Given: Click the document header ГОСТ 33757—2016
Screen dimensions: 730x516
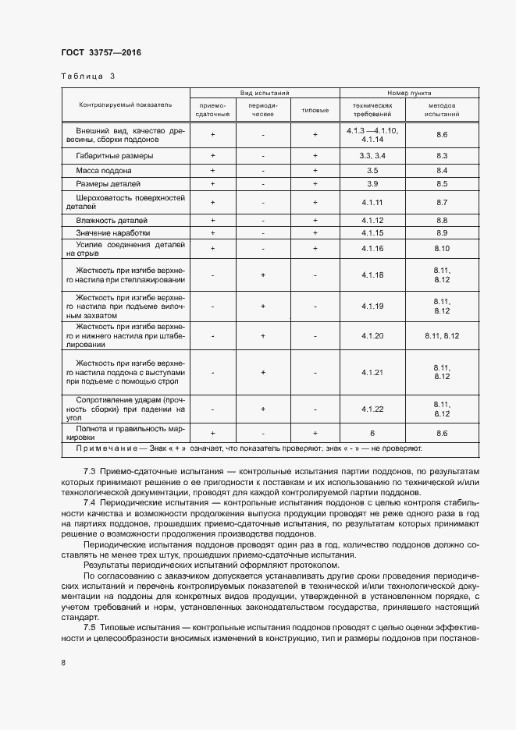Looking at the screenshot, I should [x=101, y=53].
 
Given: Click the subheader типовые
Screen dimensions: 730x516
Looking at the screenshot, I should [x=315, y=109].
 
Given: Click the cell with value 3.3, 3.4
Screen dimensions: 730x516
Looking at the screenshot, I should [x=372, y=156].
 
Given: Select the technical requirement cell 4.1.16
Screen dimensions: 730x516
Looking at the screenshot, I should [x=372, y=248].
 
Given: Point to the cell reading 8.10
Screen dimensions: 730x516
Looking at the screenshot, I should [x=442, y=248].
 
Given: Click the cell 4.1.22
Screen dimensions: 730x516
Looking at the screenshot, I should [x=372, y=409].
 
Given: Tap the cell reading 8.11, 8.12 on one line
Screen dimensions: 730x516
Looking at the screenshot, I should [x=442, y=335].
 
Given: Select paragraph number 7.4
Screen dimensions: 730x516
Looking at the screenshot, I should [x=89, y=503].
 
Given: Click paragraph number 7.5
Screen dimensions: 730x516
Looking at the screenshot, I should [x=89, y=626].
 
